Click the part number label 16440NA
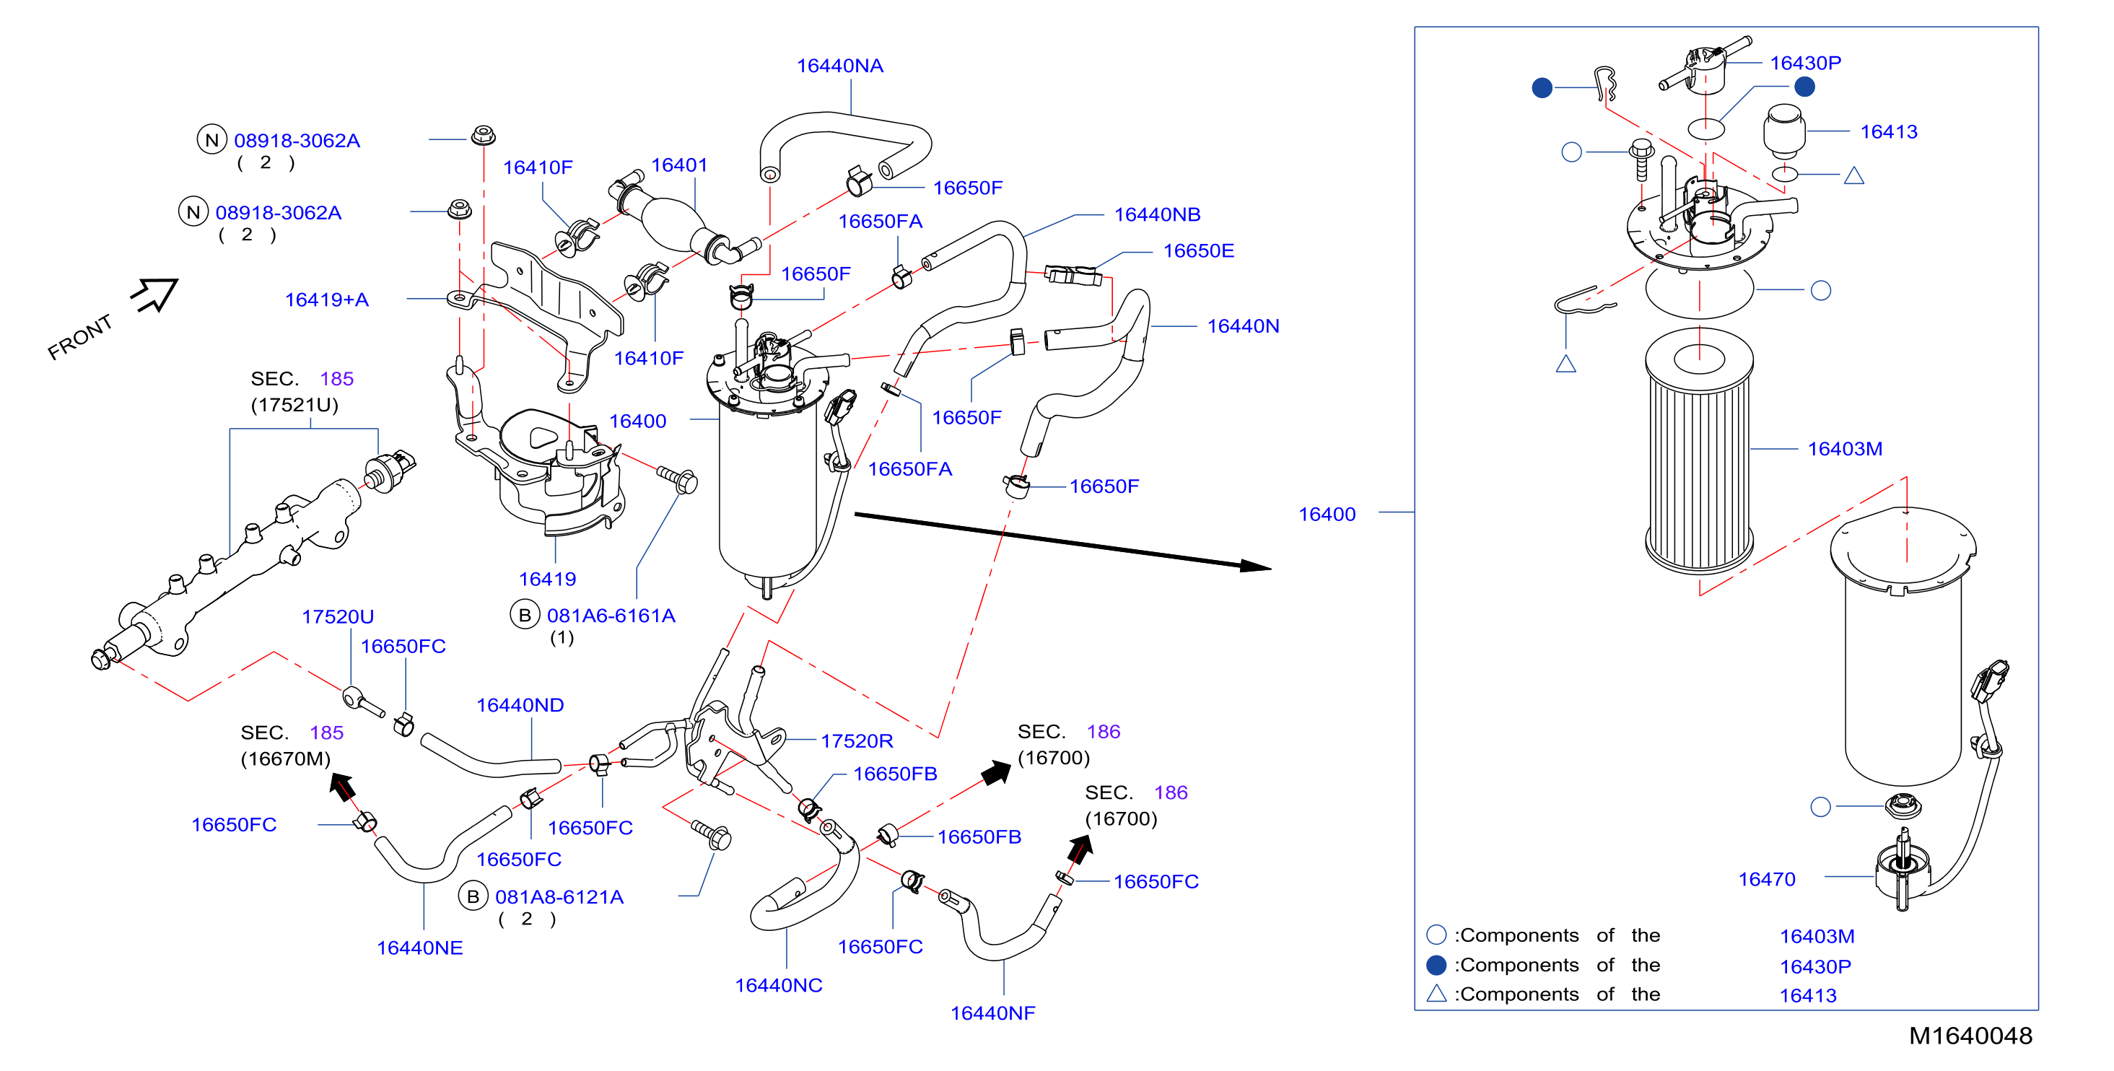pos(839,66)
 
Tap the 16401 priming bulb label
pos(678,165)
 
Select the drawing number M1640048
pos(1970,1036)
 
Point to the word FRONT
pos(79,336)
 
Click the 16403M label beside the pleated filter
pos(1845,449)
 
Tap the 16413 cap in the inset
pos(1784,131)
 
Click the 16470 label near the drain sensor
pos(1767,879)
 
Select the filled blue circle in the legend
pos(1436,965)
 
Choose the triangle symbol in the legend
pos(1436,994)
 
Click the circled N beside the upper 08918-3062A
pos(211,140)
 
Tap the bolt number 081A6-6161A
pos(611,616)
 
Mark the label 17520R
pos(857,741)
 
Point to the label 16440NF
pos(992,1013)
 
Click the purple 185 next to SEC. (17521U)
pos(336,378)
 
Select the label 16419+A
pos(327,300)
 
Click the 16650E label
pos(1198,251)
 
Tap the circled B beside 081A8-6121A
pos(473,896)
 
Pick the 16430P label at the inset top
pos(1805,64)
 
